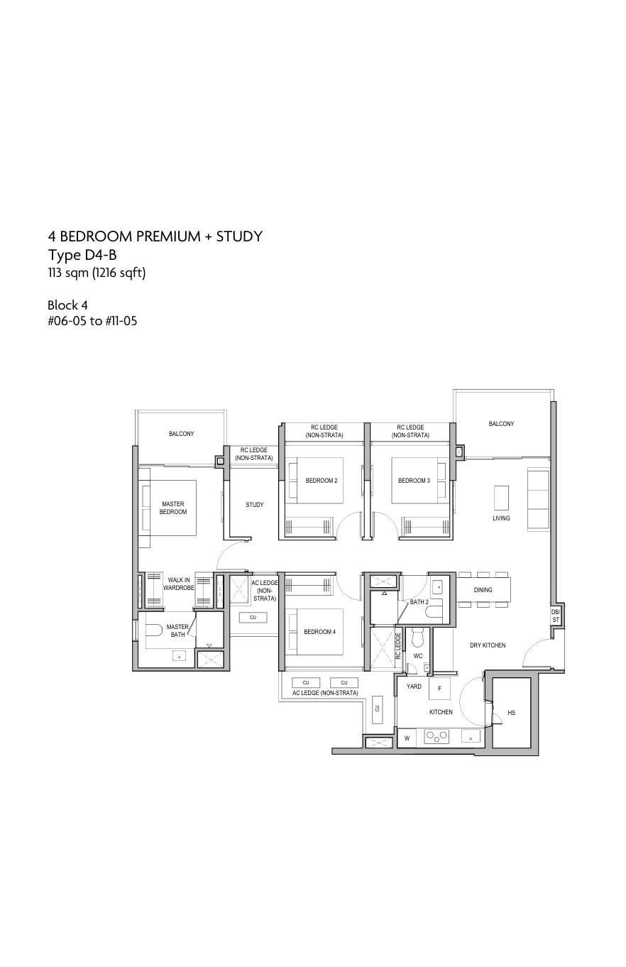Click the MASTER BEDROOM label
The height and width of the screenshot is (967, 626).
tap(173, 508)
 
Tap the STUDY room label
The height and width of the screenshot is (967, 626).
tap(255, 504)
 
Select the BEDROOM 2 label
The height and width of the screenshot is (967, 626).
tap(322, 481)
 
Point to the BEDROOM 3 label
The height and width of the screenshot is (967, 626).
tap(414, 481)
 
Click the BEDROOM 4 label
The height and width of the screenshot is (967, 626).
tap(319, 632)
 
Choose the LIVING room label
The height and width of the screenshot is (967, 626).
tap(501, 518)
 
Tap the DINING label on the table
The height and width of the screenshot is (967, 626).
tap(483, 590)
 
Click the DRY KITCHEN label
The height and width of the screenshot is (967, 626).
tap(488, 645)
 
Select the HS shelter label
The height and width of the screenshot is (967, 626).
tap(511, 713)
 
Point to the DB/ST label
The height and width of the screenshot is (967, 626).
tap(556, 616)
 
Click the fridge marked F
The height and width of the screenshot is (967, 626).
tap(439, 689)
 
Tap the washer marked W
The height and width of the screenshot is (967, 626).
tap(407, 738)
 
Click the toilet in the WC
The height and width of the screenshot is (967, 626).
tap(418, 636)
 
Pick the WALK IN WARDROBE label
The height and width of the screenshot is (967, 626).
tap(179, 584)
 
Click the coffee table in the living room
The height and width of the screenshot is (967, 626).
tap(501, 498)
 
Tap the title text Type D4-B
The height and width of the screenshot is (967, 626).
tap(82, 255)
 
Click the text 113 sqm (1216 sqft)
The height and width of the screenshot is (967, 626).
tap(97, 273)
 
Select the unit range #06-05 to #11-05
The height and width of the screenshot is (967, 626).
tap(92, 321)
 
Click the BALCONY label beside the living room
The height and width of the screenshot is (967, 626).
tap(501, 423)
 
